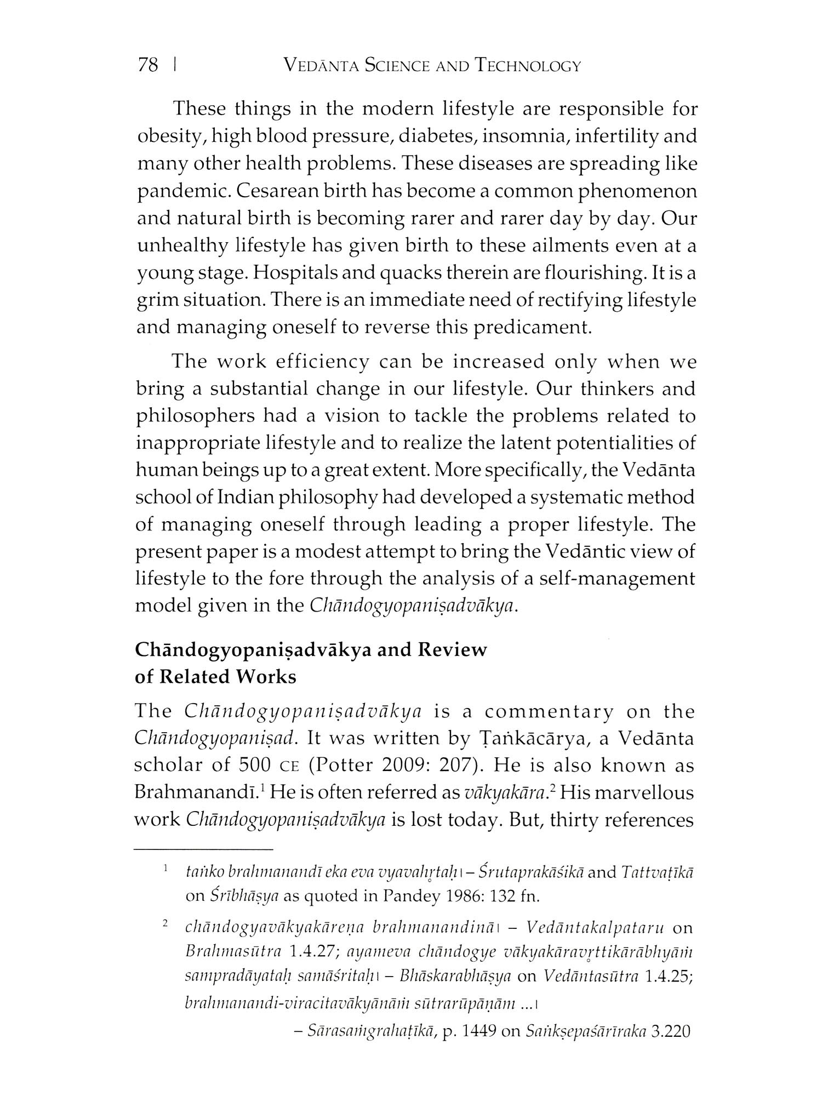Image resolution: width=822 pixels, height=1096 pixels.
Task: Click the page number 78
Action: pos(148,66)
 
